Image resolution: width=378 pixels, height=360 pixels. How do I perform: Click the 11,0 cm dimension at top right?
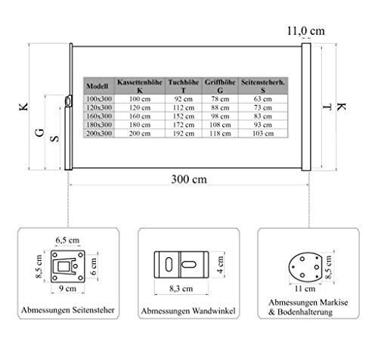pyautogui.click(x=306, y=31)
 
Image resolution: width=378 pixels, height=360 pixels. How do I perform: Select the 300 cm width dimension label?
pyautogui.click(x=189, y=179)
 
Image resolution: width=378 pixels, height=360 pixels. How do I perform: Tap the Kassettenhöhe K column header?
pyautogui.click(x=140, y=86)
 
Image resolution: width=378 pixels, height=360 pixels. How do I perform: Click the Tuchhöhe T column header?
pyautogui.click(x=184, y=86)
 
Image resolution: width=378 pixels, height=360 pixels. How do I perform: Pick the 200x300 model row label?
pyautogui.click(x=99, y=133)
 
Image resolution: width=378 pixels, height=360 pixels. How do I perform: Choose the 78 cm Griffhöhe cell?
pyautogui.click(x=220, y=99)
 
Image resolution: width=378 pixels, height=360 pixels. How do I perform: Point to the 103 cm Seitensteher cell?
pyautogui.click(x=263, y=133)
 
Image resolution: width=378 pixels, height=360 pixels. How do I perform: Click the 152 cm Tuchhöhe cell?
pyautogui.click(x=184, y=116)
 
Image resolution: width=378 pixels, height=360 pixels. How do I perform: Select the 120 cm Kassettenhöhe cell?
pyautogui.click(x=140, y=107)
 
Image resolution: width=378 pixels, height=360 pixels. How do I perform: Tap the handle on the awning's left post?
pyautogui.click(x=68, y=101)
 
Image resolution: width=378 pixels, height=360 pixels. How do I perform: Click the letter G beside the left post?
pyautogui.click(x=40, y=132)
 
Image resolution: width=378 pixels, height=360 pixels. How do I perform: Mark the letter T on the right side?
pyautogui.click(x=327, y=107)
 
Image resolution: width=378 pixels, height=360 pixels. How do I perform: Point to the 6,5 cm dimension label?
pyautogui.click(x=67, y=240)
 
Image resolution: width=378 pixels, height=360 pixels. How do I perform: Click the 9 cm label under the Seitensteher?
pyautogui.click(x=67, y=288)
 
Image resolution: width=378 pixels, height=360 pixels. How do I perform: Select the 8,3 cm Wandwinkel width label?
pyautogui.click(x=181, y=289)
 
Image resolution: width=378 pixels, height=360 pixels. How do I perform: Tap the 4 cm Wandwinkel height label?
pyautogui.click(x=221, y=265)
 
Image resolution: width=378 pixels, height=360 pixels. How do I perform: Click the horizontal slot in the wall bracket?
pyautogui.click(x=189, y=265)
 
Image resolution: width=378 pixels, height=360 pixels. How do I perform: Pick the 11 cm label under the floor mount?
pyautogui.click(x=305, y=288)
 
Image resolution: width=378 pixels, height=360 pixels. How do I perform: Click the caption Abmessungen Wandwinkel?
pyautogui.click(x=188, y=311)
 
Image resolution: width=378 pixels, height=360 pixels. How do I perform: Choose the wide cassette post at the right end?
pyautogui.click(x=306, y=107)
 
